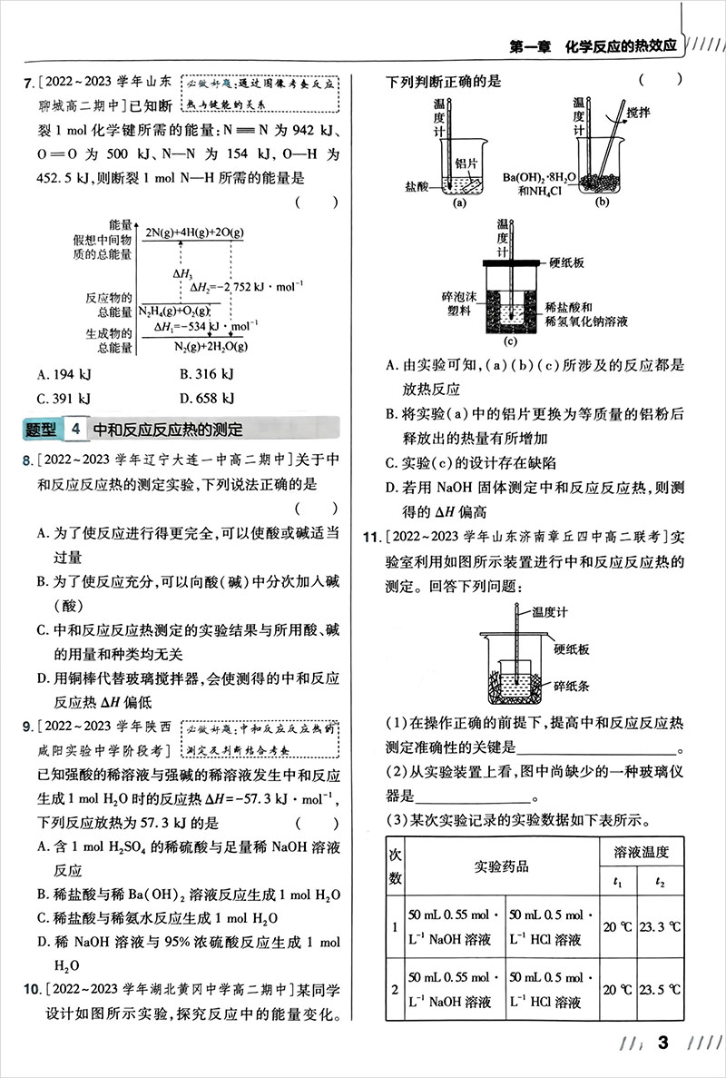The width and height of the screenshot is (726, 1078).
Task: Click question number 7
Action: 27,83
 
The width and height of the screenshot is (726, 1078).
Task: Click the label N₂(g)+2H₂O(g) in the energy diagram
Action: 211,346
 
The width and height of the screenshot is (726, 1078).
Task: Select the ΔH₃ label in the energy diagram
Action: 181,273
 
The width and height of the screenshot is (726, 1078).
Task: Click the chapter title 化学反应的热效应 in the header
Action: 621,45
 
